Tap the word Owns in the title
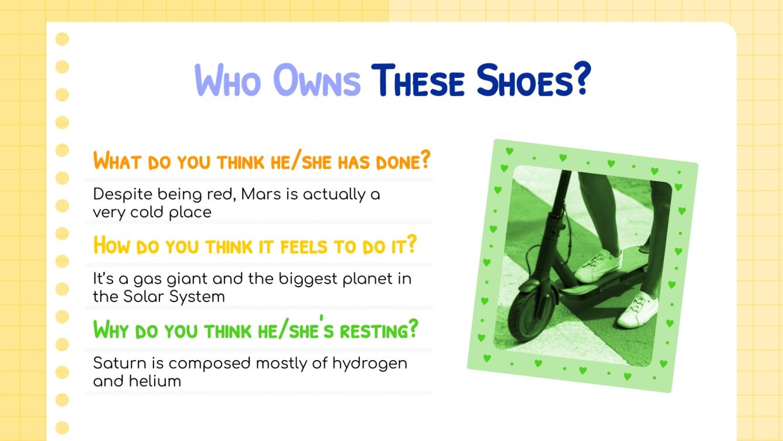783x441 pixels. [x=316, y=82]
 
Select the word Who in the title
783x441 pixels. [x=229, y=82]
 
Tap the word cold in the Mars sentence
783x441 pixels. [x=150, y=212]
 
